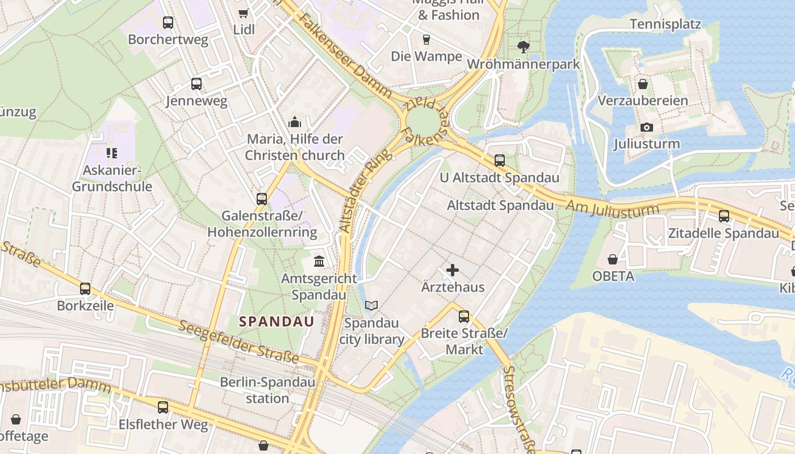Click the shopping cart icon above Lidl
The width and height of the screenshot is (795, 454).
click(244, 13)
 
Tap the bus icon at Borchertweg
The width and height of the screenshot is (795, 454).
click(168, 23)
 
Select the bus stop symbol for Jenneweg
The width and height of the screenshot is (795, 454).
click(196, 84)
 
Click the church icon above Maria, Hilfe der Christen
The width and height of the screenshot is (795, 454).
click(294, 122)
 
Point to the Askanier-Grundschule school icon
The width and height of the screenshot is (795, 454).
click(112, 153)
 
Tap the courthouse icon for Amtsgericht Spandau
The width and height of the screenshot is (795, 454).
click(319, 262)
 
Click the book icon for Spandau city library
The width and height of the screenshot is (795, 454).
click(371, 306)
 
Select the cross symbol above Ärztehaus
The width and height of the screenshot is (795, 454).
click(453, 270)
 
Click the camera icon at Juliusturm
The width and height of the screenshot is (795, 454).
click(646, 127)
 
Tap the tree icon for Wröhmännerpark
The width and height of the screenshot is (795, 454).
click(524, 47)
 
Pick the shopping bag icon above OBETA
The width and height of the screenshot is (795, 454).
click(613, 259)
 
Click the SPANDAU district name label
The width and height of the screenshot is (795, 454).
click(277, 322)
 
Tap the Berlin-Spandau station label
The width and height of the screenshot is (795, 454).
click(267, 390)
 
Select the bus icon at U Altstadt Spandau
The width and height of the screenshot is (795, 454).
click(500, 161)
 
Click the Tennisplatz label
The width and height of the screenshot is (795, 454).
click(666, 24)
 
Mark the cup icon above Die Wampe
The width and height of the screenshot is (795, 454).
click(426, 39)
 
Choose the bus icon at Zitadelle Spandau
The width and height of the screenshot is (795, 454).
click(723, 216)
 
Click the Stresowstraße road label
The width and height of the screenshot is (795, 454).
click(517, 409)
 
